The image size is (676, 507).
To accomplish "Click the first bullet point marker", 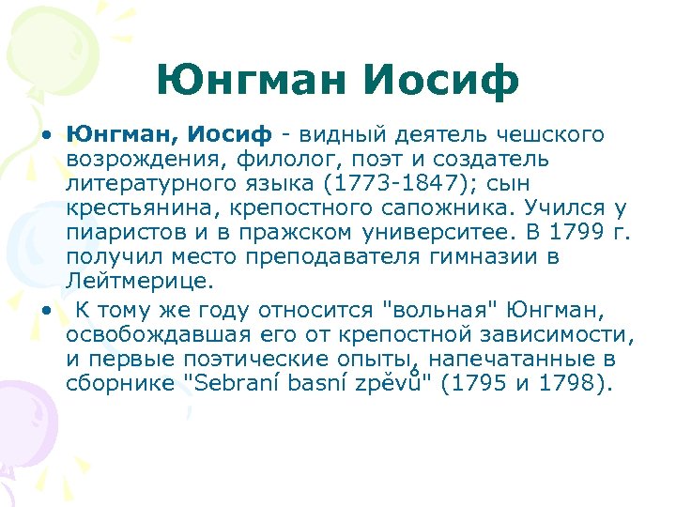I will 45,135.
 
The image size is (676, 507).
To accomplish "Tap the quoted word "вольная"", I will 434,311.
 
